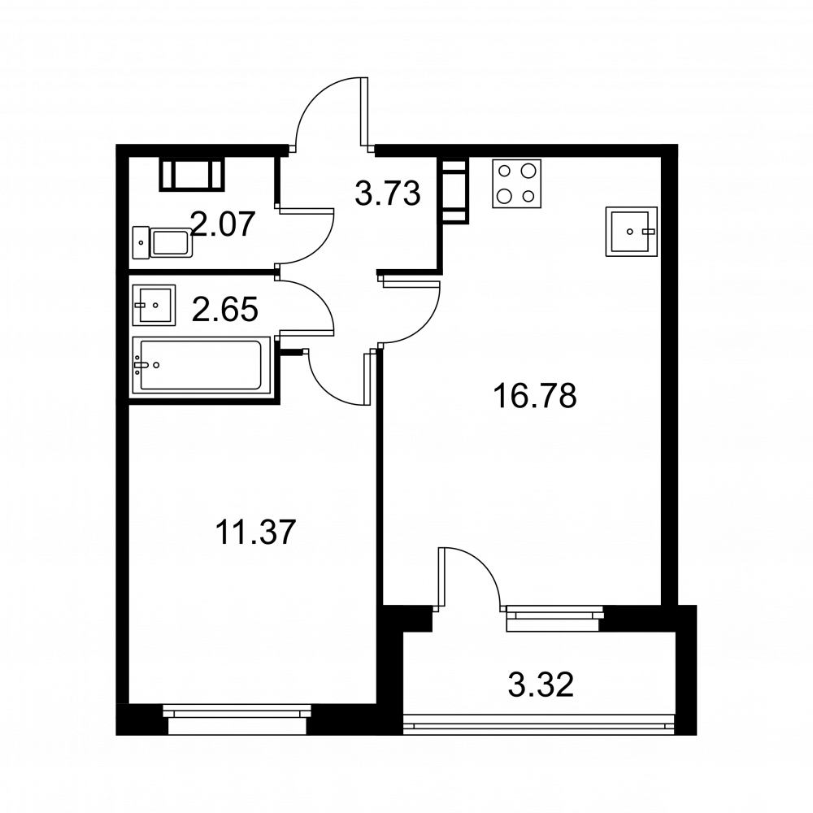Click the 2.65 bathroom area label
point(225,309)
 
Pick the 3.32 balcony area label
point(541,685)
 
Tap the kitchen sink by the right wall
point(630,232)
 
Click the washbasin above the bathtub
point(153,305)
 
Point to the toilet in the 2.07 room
point(163,242)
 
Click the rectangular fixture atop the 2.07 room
point(192,174)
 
